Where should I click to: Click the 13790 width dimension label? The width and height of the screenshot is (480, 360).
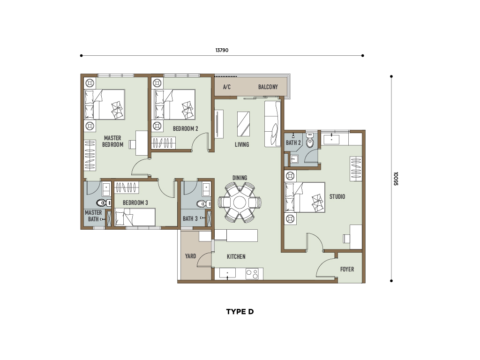pos(222,50)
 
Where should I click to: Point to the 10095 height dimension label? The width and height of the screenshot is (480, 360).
pos(396,179)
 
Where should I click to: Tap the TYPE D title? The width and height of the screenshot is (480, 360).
pos(240,312)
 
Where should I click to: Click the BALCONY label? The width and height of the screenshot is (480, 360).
pos(268,87)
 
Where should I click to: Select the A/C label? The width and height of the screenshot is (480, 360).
pos(226,87)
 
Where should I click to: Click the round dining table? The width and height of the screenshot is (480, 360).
pos(240,202)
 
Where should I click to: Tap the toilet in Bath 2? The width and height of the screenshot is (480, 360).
pos(310,141)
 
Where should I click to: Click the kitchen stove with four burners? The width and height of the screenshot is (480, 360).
pos(252,273)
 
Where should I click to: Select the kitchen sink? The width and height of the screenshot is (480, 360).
pos(227,273)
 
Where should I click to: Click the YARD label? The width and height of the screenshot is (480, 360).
pos(190,256)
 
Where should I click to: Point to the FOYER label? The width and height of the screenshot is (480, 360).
pos(347,269)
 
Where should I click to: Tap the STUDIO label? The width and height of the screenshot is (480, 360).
pos(337,196)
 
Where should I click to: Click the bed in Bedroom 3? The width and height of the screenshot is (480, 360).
pos(135,217)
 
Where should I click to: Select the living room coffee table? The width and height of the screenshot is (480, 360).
pos(243,124)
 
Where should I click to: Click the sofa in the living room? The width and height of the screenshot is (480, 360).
pos(272,124)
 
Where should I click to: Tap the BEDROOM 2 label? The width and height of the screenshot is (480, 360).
pos(186,128)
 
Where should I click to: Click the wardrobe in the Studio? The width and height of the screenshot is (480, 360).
pos(356,169)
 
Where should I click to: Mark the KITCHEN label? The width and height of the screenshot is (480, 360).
pos(236,256)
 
